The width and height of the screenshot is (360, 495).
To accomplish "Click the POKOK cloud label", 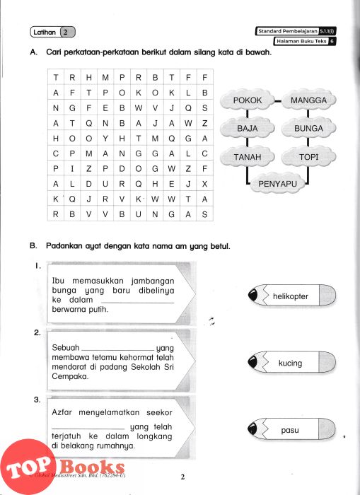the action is [248, 100].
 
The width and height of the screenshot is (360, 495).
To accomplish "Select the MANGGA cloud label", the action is [308, 100].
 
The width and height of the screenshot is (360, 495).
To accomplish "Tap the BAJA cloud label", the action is [248, 128].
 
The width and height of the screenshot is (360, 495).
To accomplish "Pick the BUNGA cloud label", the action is [308, 128].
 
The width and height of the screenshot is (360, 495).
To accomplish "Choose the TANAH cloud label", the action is [248, 156].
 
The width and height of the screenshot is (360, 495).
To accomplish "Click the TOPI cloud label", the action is [308, 156].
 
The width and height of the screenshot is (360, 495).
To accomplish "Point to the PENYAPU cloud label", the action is [277, 183].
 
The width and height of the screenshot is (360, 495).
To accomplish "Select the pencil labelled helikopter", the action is [292, 296].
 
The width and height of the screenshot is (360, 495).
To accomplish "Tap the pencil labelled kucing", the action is [292, 362].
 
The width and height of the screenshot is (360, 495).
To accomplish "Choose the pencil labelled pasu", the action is [292, 429].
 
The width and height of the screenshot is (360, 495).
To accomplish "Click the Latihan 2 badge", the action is [53, 32].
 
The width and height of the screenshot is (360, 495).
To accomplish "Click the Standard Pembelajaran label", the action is [295, 31].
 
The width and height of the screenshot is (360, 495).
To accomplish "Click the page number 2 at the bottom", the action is [182, 477].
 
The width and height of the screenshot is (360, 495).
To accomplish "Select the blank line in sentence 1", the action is [138, 303].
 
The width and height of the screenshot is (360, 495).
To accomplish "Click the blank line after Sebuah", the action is [118, 351].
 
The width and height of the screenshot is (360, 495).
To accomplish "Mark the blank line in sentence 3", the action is [88, 429].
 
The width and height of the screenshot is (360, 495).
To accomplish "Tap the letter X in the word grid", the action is [204, 184].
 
